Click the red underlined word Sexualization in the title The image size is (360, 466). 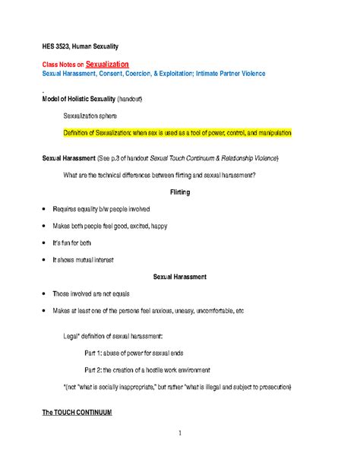[107, 65]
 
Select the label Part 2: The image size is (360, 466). [96, 369]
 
